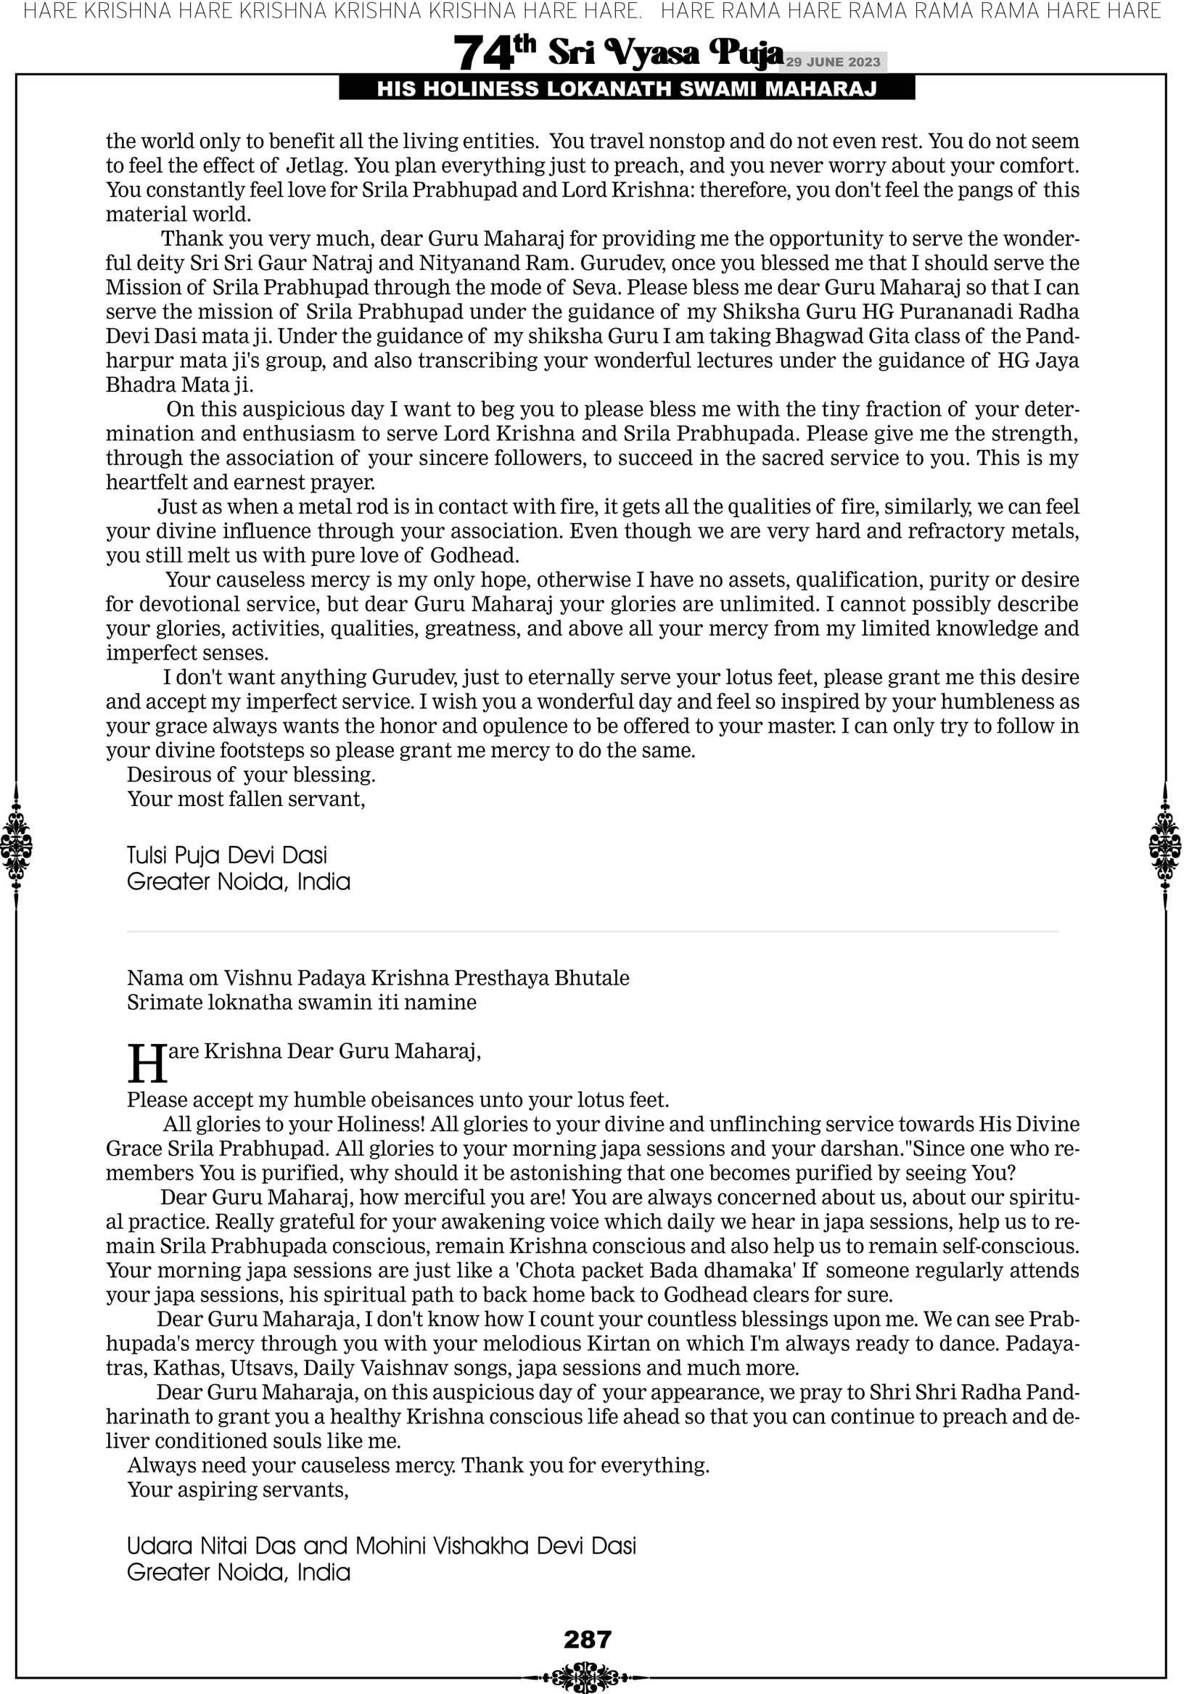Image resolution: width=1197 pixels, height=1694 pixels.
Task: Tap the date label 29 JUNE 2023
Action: point(833,62)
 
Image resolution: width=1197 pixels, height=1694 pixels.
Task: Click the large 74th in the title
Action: point(493,54)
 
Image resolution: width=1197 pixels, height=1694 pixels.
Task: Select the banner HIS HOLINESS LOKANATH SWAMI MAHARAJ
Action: point(627,89)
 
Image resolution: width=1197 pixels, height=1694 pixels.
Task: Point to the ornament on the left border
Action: point(16,845)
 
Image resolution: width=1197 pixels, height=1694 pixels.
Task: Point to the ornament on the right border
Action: point(1165,845)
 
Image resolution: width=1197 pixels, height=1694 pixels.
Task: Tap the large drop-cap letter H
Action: point(146,1063)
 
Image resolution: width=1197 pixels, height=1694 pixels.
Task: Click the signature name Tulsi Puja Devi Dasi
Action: point(226,855)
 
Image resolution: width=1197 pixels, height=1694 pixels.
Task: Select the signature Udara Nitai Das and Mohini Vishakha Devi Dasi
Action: point(381,1546)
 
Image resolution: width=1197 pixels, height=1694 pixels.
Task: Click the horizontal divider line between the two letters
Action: point(592,932)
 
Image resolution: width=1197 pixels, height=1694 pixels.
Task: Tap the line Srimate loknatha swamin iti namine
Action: point(301,1003)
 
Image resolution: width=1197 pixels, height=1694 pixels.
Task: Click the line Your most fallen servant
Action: point(246,799)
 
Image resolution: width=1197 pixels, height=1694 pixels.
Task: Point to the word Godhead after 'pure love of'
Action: point(474,555)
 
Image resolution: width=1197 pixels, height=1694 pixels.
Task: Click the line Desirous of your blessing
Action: point(251,775)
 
